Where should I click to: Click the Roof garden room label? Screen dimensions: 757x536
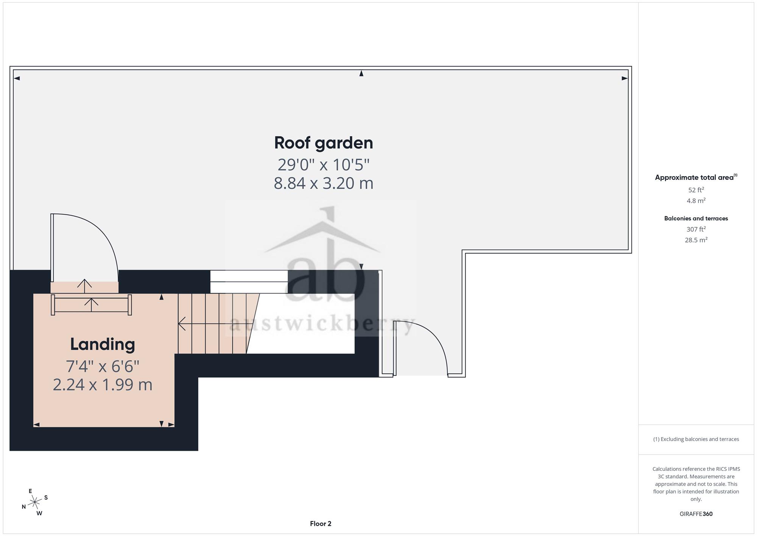coord(324,143)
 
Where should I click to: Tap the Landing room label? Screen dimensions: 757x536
coord(103,344)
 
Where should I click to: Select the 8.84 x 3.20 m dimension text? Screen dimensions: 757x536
coord(324,183)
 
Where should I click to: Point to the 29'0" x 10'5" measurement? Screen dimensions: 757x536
coord(324,165)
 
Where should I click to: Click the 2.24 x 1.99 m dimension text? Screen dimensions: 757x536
coord(103,385)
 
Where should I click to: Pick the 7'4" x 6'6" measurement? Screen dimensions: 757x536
coord(103,366)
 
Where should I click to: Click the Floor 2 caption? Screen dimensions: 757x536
coord(321,524)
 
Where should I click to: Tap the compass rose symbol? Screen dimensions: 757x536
coord(35,502)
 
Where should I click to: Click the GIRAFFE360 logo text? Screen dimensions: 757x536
coord(696,514)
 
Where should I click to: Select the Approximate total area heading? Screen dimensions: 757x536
coord(696,177)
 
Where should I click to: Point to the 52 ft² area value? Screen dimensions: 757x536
coord(696,190)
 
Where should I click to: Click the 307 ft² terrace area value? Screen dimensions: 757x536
coord(696,229)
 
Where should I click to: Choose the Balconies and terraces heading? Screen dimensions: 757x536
coord(696,219)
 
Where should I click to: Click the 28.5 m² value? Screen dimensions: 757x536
coord(696,240)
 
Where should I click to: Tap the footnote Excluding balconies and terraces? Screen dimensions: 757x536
coord(696,439)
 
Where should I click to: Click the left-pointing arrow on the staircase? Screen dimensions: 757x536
coord(212,324)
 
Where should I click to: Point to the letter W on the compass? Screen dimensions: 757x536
coord(39,513)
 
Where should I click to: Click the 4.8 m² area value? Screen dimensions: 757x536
coord(696,201)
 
